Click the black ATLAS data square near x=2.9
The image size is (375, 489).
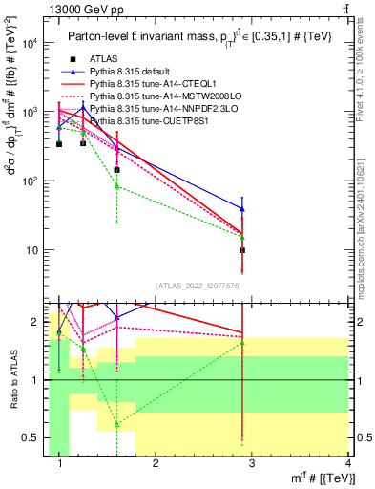click(x=242, y=250)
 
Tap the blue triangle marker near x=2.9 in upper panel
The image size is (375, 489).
click(x=242, y=208)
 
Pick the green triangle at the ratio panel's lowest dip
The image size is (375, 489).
click(x=116, y=423)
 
